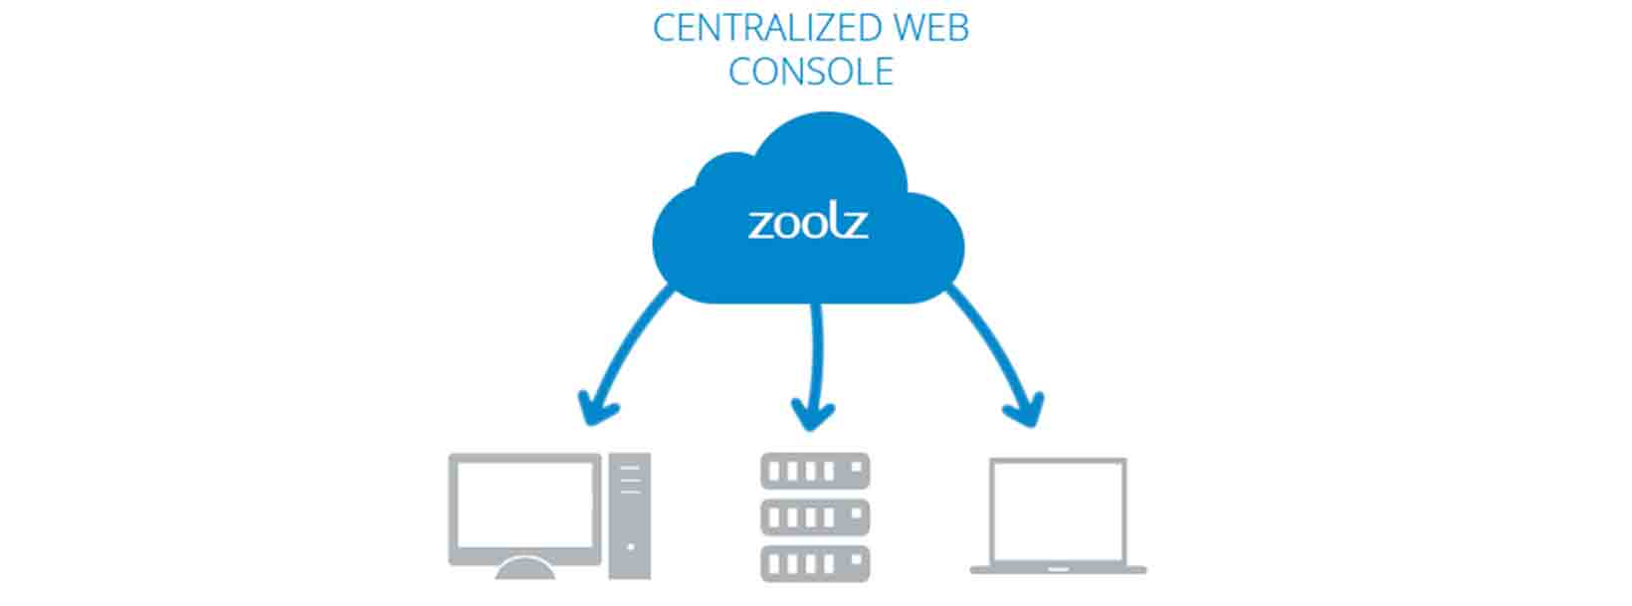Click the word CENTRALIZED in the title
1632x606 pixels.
click(x=756, y=28)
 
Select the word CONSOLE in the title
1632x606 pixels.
click(x=811, y=72)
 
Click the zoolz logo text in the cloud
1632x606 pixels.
click(x=808, y=222)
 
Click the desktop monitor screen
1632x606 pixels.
click(x=524, y=508)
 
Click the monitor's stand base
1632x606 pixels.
click(x=524, y=569)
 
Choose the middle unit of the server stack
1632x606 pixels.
click(x=815, y=517)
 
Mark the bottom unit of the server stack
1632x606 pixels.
click(x=815, y=563)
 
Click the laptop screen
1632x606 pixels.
click(x=1058, y=509)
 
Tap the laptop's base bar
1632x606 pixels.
click(x=1058, y=570)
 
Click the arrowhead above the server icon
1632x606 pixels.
click(x=813, y=412)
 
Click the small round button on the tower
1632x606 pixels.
click(x=630, y=546)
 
